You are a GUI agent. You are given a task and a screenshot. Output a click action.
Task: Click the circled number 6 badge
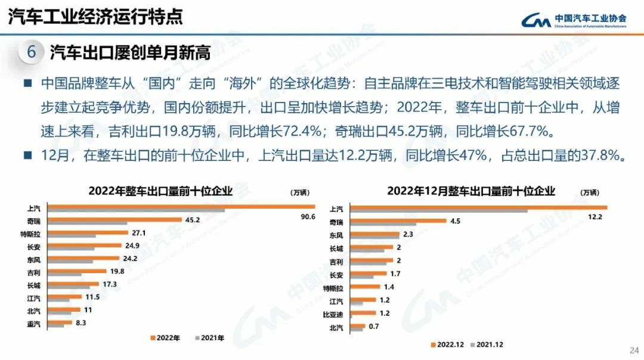[32, 52]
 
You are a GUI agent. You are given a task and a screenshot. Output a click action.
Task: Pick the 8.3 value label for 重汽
[81, 322]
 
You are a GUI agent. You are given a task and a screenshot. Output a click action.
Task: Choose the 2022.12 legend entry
[447, 344]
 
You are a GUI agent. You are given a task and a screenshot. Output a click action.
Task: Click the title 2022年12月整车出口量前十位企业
[471, 191]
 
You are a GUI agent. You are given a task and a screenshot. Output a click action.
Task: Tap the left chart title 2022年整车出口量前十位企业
[160, 191]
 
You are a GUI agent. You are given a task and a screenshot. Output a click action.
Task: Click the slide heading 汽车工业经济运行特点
[95, 16]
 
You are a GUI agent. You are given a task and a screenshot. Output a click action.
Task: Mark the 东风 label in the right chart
[336, 235]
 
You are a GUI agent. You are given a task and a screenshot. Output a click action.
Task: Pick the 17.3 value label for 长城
[110, 284]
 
